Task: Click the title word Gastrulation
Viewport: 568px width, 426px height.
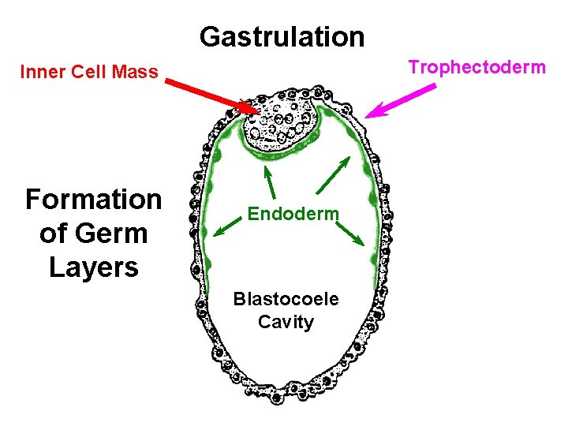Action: coord(282,36)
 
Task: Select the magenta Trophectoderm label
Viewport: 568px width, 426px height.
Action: coord(476,67)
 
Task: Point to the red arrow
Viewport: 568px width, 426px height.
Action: coord(213,92)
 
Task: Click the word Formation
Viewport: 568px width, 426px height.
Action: coord(93,200)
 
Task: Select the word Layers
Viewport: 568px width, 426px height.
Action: coord(93,267)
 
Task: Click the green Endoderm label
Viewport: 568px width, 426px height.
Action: coord(293,214)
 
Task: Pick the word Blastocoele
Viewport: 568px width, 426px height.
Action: coord(286,300)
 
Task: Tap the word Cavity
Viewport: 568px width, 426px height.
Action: coord(286,322)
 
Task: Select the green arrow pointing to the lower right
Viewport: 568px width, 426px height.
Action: coord(349,231)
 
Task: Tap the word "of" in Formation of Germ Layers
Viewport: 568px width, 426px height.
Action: coord(52,234)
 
